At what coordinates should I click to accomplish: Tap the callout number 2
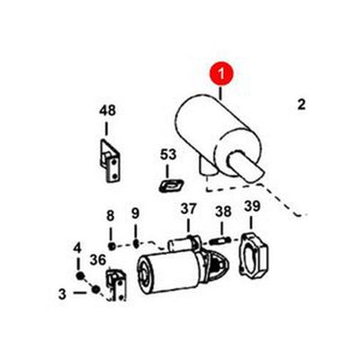point(301,105)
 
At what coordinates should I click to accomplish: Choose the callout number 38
point(223,212)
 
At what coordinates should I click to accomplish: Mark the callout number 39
point(251,210)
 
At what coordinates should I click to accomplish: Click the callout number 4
point(76,248)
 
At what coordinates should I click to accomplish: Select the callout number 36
point(98,260)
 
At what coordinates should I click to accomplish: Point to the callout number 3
point(62,292)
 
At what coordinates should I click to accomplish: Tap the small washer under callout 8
point(110,245)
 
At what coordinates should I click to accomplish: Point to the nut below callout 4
point(79,274)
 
